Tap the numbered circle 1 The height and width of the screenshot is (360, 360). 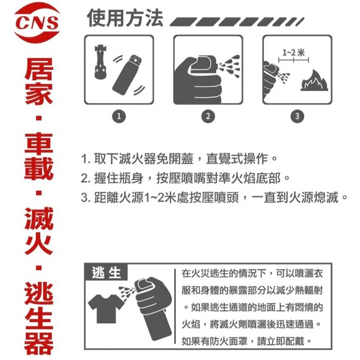120,116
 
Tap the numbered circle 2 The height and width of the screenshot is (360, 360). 209,116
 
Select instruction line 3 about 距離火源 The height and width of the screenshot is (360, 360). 214,198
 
